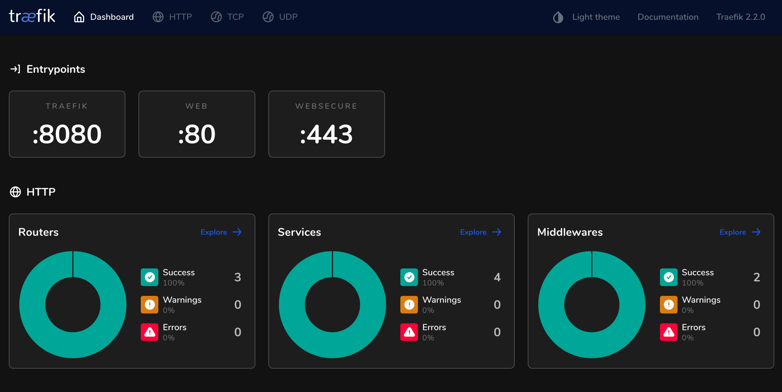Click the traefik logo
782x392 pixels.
coord(32,16)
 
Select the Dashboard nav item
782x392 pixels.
coord(104,17)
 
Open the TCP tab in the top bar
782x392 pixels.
coord(227,17)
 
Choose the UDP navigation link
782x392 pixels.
coord(280,17)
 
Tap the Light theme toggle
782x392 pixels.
coord(586,17)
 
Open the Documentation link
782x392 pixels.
coord(668,17)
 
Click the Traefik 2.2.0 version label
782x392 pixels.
coord(740,17)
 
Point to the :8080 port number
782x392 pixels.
coord(67,134)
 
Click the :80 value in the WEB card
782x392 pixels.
coord(197,134)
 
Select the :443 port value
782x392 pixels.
coord(326,134)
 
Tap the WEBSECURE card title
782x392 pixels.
coord(326,106)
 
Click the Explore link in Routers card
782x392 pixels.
coord(221,232)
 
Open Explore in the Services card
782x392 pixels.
coord(481,232)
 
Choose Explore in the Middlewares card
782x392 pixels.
coord(740,232)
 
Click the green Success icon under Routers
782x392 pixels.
coord(149,277)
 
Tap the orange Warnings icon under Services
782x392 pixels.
coord(409,304)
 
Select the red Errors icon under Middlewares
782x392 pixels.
coord(668,332)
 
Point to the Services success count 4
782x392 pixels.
coord(497,277)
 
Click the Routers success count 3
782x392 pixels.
coord(237,277)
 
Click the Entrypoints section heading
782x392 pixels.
coord(55,69)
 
